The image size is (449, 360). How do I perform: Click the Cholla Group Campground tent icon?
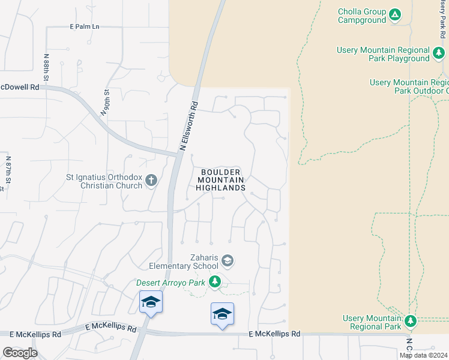tap(395, 14)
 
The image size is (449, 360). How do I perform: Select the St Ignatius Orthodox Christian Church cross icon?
tap(151, 179)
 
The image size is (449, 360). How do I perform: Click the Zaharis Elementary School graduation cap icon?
tap(228, 261)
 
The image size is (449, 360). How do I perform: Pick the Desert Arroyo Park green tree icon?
tap(214, 281)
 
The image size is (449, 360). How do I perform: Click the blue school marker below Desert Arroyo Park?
tap(222, 314)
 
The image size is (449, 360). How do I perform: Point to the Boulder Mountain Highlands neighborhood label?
tap(221, 179)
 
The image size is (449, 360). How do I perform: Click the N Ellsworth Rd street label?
tap(189, 124)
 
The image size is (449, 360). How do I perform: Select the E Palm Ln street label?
tap(85, 26)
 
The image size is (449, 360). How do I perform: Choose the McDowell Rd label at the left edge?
tap(20, 87)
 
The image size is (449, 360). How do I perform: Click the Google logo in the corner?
tap(20, 353)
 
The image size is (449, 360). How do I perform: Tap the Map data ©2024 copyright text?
tap(423, 355)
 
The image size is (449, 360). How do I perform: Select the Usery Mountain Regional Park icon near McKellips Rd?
tap(411, 321)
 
